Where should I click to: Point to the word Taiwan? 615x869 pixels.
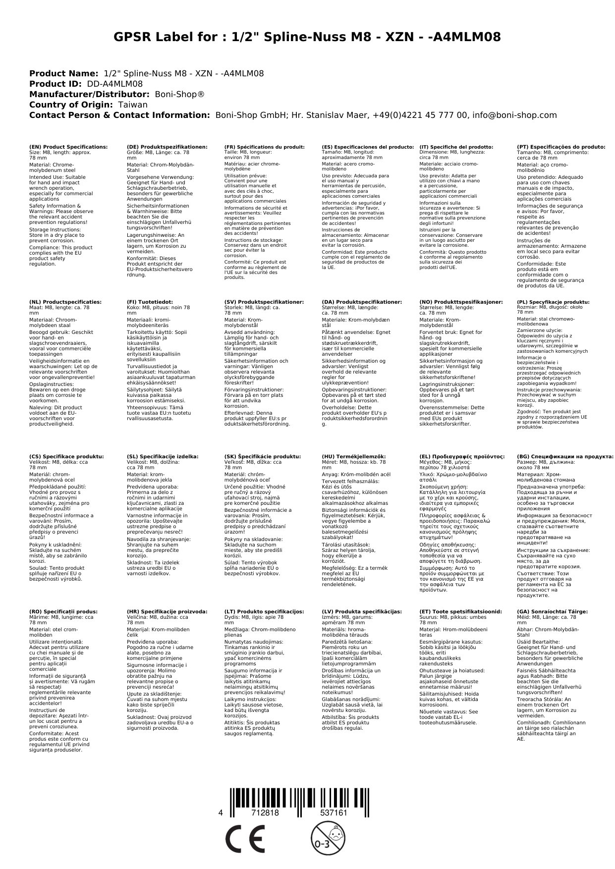[x=132, y=105]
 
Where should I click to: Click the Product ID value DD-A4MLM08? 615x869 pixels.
[x=114, y=84]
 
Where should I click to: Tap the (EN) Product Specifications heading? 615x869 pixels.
[x=68, y=147]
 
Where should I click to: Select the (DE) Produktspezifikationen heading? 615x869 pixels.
[x=167, y=147]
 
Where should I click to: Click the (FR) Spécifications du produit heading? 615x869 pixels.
[x=264, y=147]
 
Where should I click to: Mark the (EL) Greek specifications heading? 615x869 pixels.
[x=462, y=457]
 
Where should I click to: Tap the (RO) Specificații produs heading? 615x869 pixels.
[x=63, y=612]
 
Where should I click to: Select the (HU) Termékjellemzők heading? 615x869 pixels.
[x=353, y=457]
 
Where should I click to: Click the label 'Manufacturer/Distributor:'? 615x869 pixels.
[x=89, y=95]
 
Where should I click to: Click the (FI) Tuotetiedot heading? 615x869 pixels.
[x=150, y=302]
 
